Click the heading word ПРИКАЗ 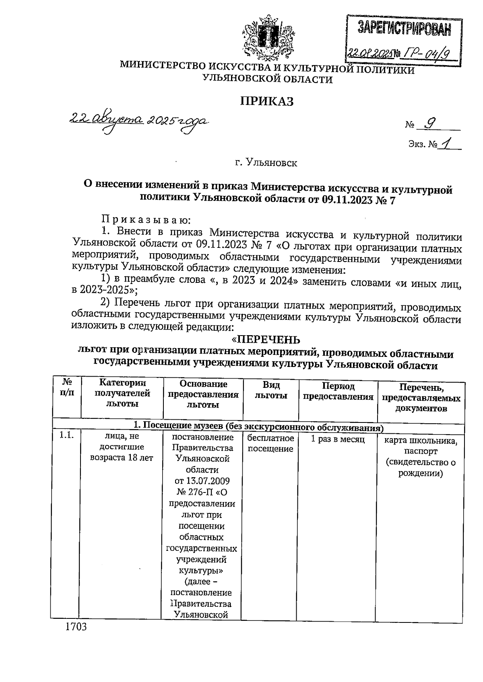pos(267,101)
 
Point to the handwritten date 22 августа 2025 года pos(138,120)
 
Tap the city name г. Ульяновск pos(266,163)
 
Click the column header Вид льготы pos(271,390)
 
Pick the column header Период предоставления pos(338,391)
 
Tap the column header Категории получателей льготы pos(122,393)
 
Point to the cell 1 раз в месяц pos(338,439)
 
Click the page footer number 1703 pos(76,638)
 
